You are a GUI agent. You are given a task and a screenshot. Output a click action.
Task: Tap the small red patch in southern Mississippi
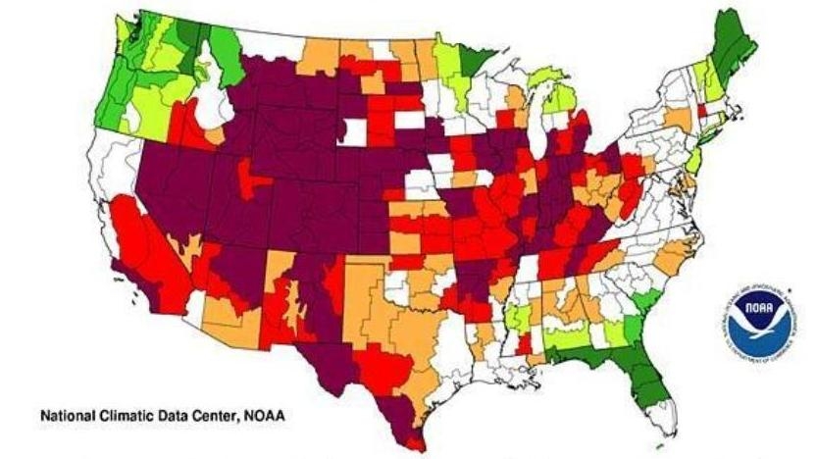point(525,344)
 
